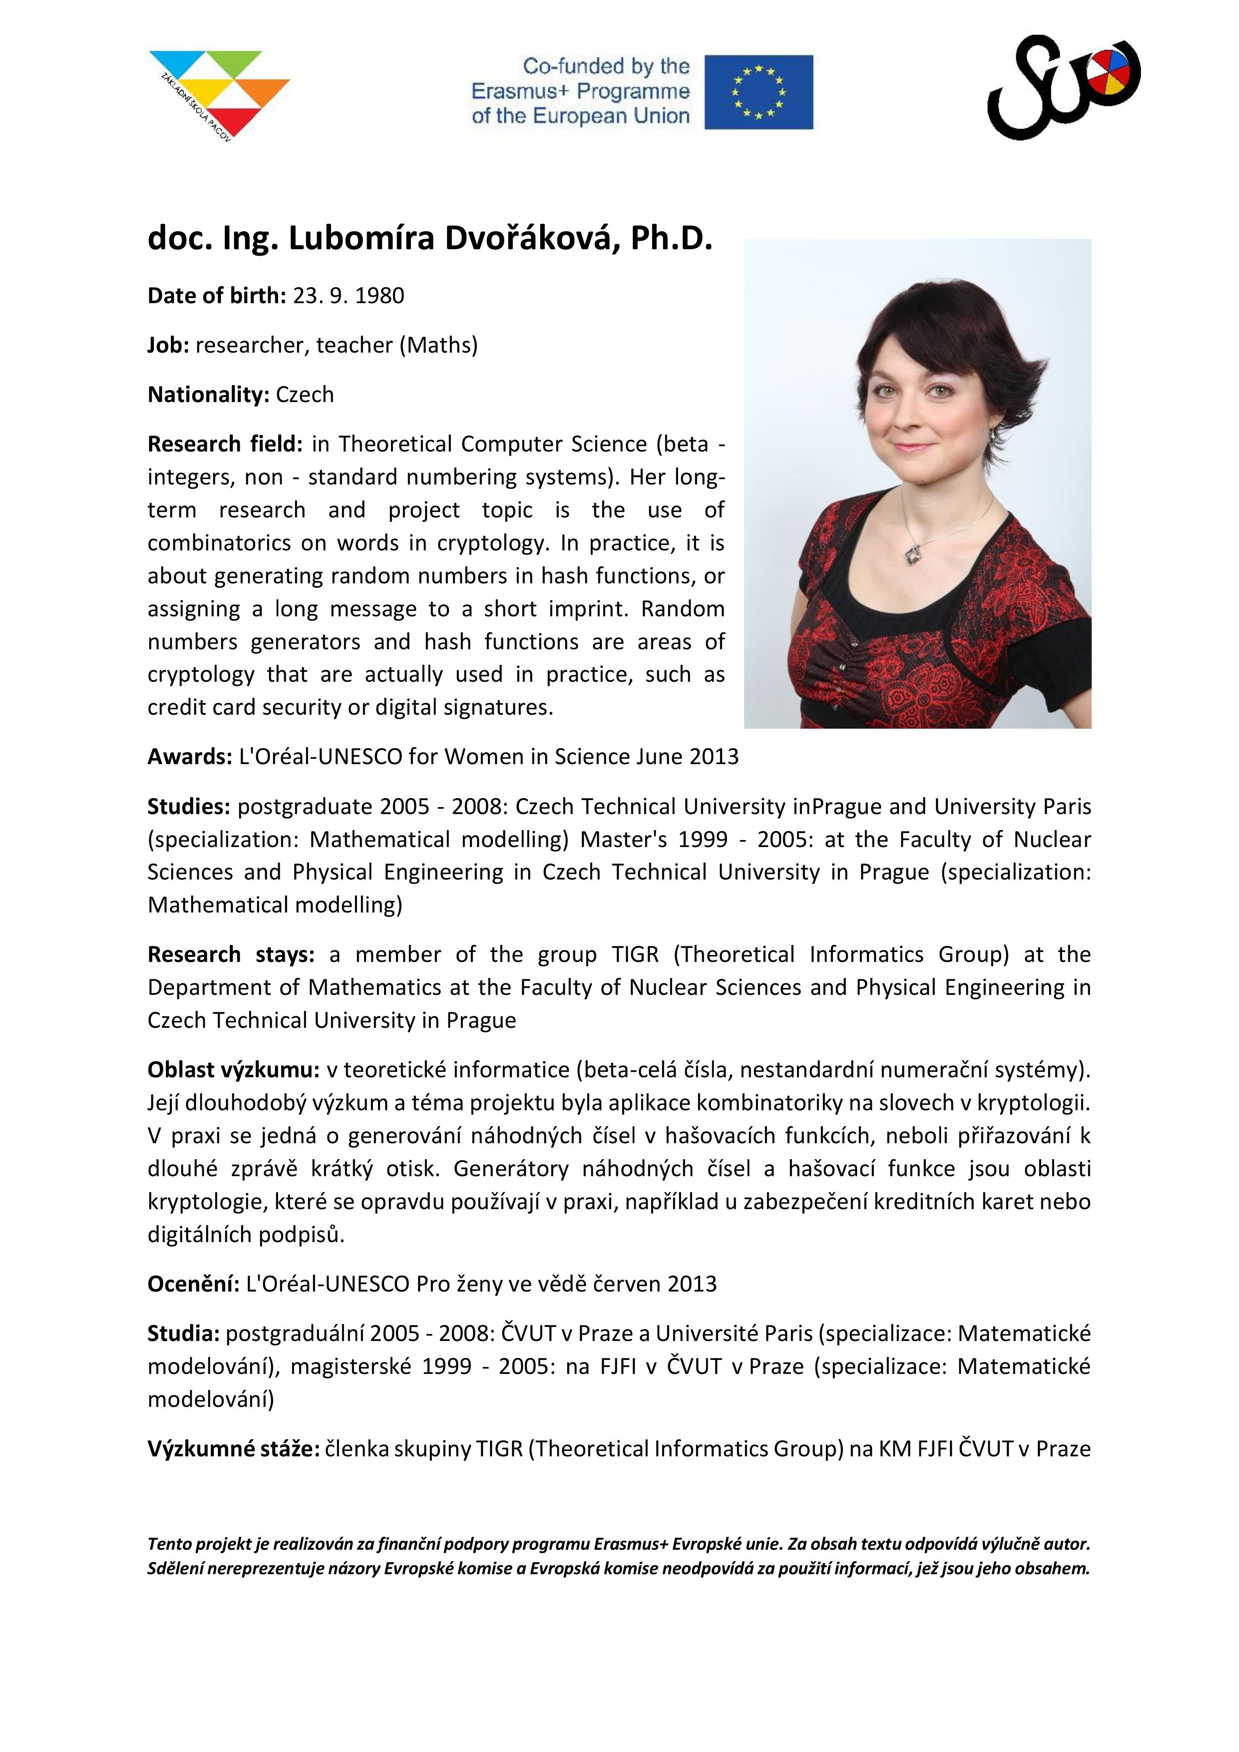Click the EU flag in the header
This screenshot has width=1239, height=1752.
(759, 91)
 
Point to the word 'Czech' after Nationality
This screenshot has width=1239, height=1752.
(305, 395)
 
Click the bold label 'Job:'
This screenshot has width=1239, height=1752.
(168, 345)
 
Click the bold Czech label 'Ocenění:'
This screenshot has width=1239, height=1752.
(193, 1284)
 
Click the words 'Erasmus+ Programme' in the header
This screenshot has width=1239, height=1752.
(580, 91)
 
